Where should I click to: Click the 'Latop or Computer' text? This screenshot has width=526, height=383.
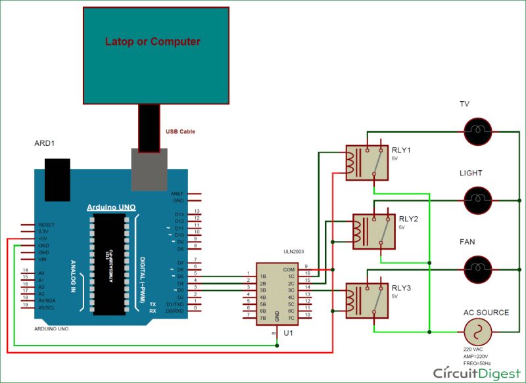click(153, 41)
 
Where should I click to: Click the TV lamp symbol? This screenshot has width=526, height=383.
click(478, 128)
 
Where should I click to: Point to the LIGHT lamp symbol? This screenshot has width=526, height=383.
click(478, 198)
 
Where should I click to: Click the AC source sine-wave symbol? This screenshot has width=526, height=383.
click(478, 332)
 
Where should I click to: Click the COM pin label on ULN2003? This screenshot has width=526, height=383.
click(289, 269)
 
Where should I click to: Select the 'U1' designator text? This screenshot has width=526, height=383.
click(287, 334)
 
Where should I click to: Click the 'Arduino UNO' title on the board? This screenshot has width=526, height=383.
click(112, 208)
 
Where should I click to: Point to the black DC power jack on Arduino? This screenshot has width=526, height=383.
click(56, 179)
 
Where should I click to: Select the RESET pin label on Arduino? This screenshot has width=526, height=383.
click(46, 224)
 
